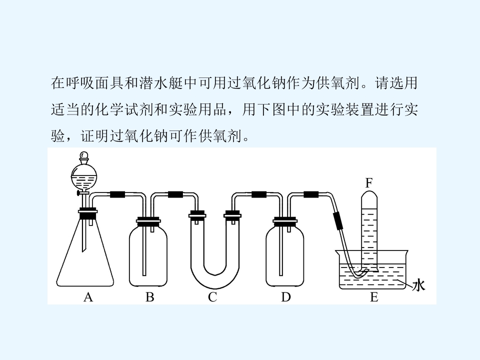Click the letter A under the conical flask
pyautogui.click(x=88, y=297)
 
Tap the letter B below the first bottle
pyautogui.click(x=149, y=297)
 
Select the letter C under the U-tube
pyautogui.click(x=212, y=297)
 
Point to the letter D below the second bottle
pyautogui.click(x=286, y=297)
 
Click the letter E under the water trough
pyautogui.click(x=374, y=297)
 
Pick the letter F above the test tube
pyautogui.click(x=369, y=183)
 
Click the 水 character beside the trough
pyautogui.click(x=418, y=285)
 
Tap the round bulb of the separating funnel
pyautogui.click(x=84, y=177)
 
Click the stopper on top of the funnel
pyautogui.click(x=84, y=157)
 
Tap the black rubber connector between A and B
pyautogui.click(x=117, y=194)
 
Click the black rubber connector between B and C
pyautogui.click(x=175, y=194)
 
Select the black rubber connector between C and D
pyautogui.click(x=258, y=194)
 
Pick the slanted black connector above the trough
pyautogui.click(x=338, y=220)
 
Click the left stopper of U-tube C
pyautogui.click(x=197, y=215)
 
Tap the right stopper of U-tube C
pyautogui.click(x=232, y=215)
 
